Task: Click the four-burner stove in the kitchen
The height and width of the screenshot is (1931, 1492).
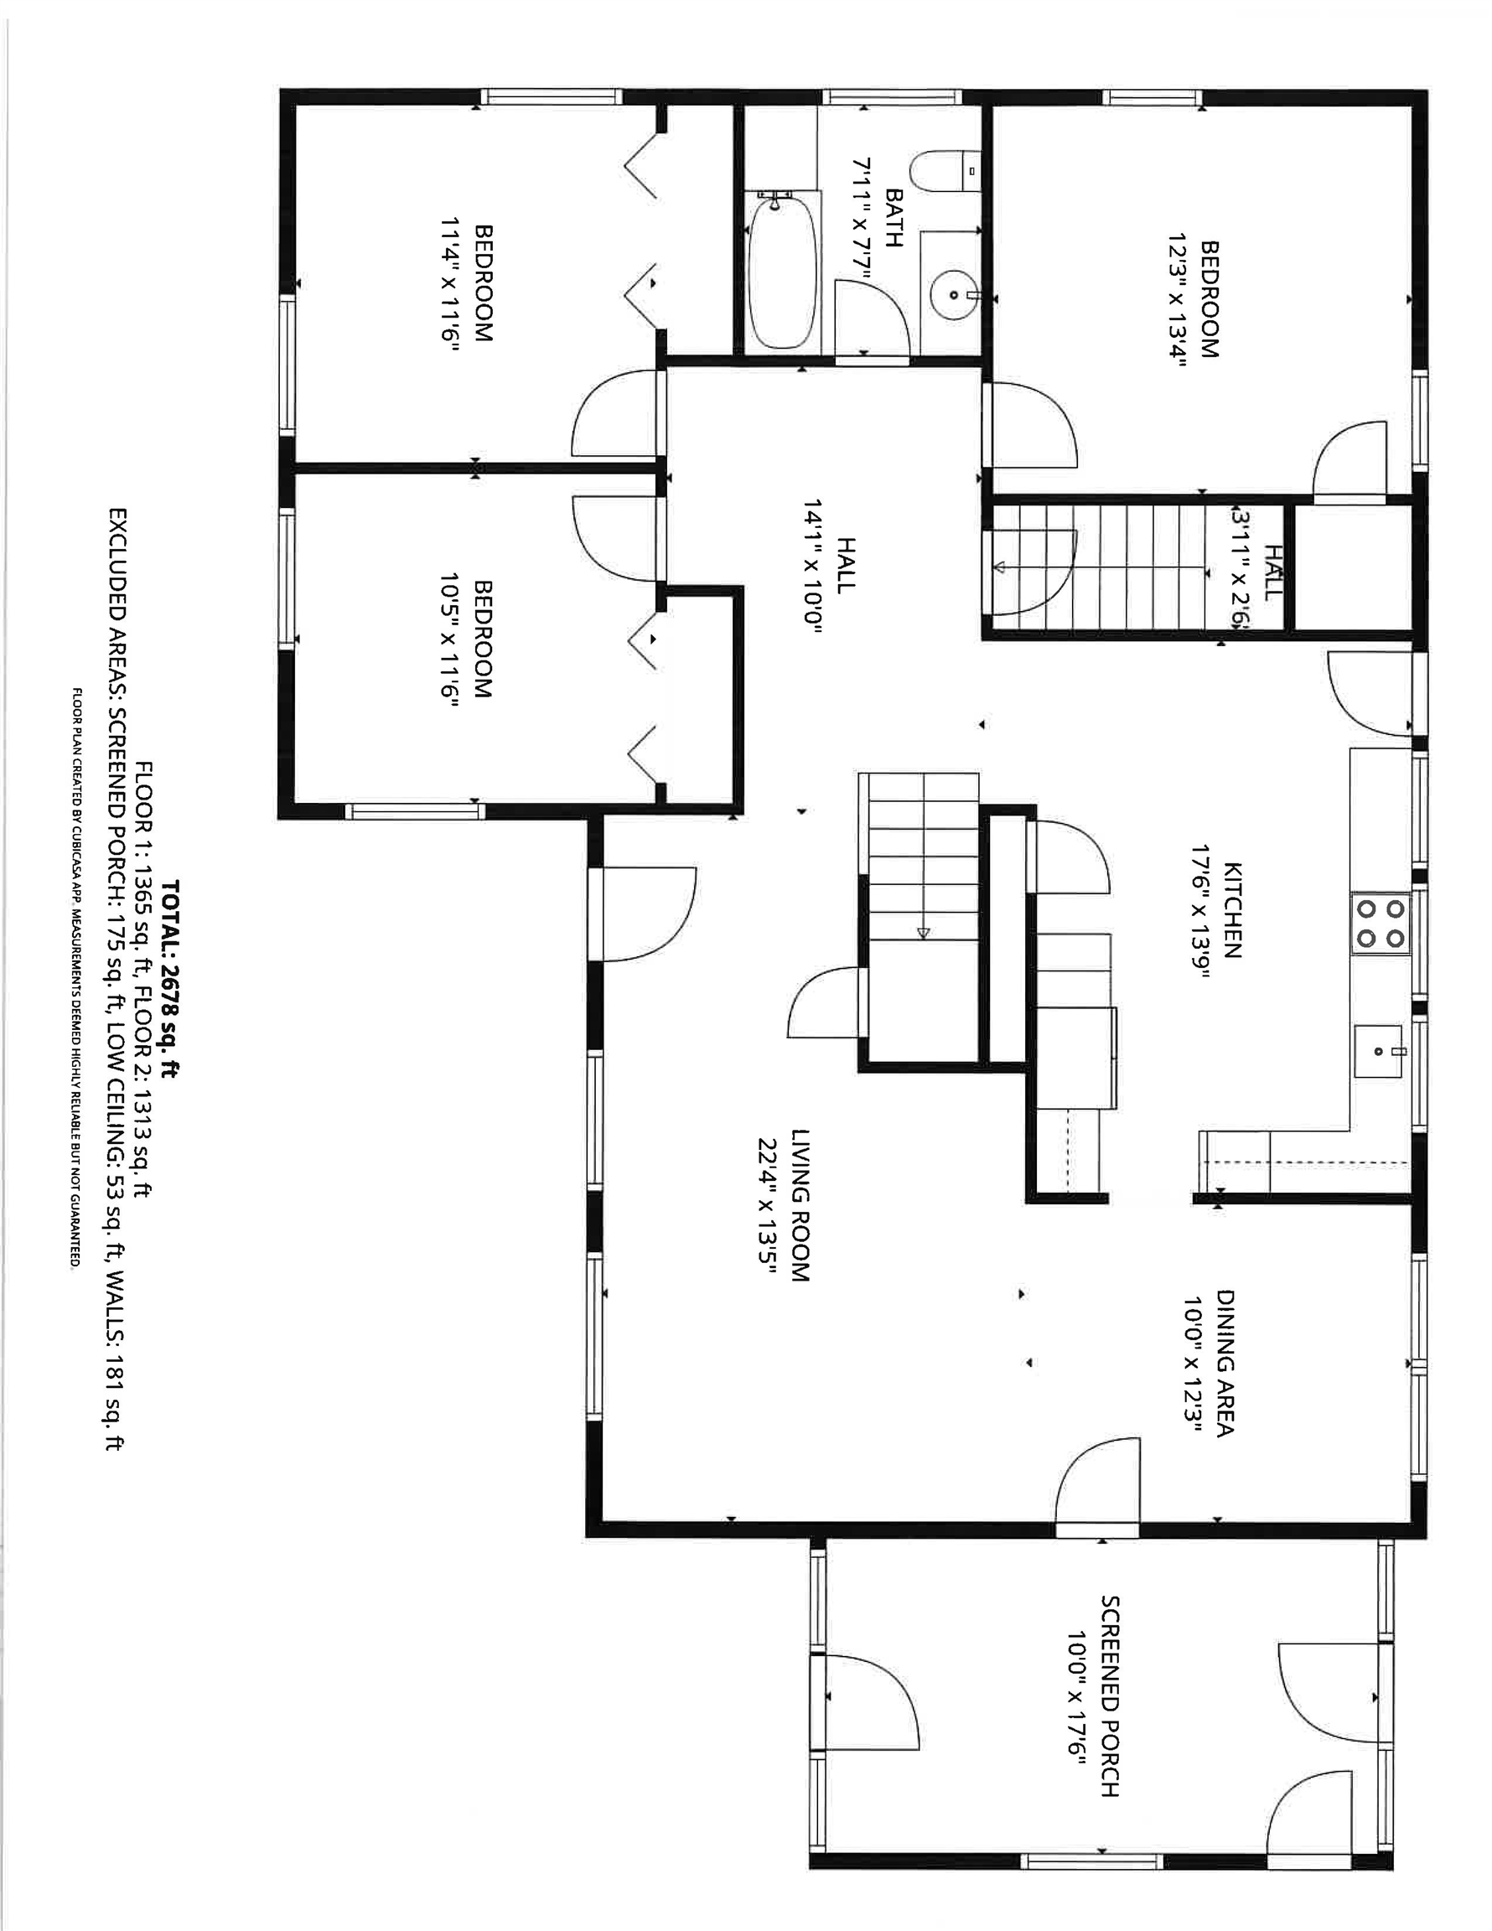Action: point(1381,923)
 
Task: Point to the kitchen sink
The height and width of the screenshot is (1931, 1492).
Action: point(1378,1051)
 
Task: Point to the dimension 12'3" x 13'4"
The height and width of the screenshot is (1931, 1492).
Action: point(1175,300)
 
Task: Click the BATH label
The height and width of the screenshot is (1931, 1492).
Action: point(894,218)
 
